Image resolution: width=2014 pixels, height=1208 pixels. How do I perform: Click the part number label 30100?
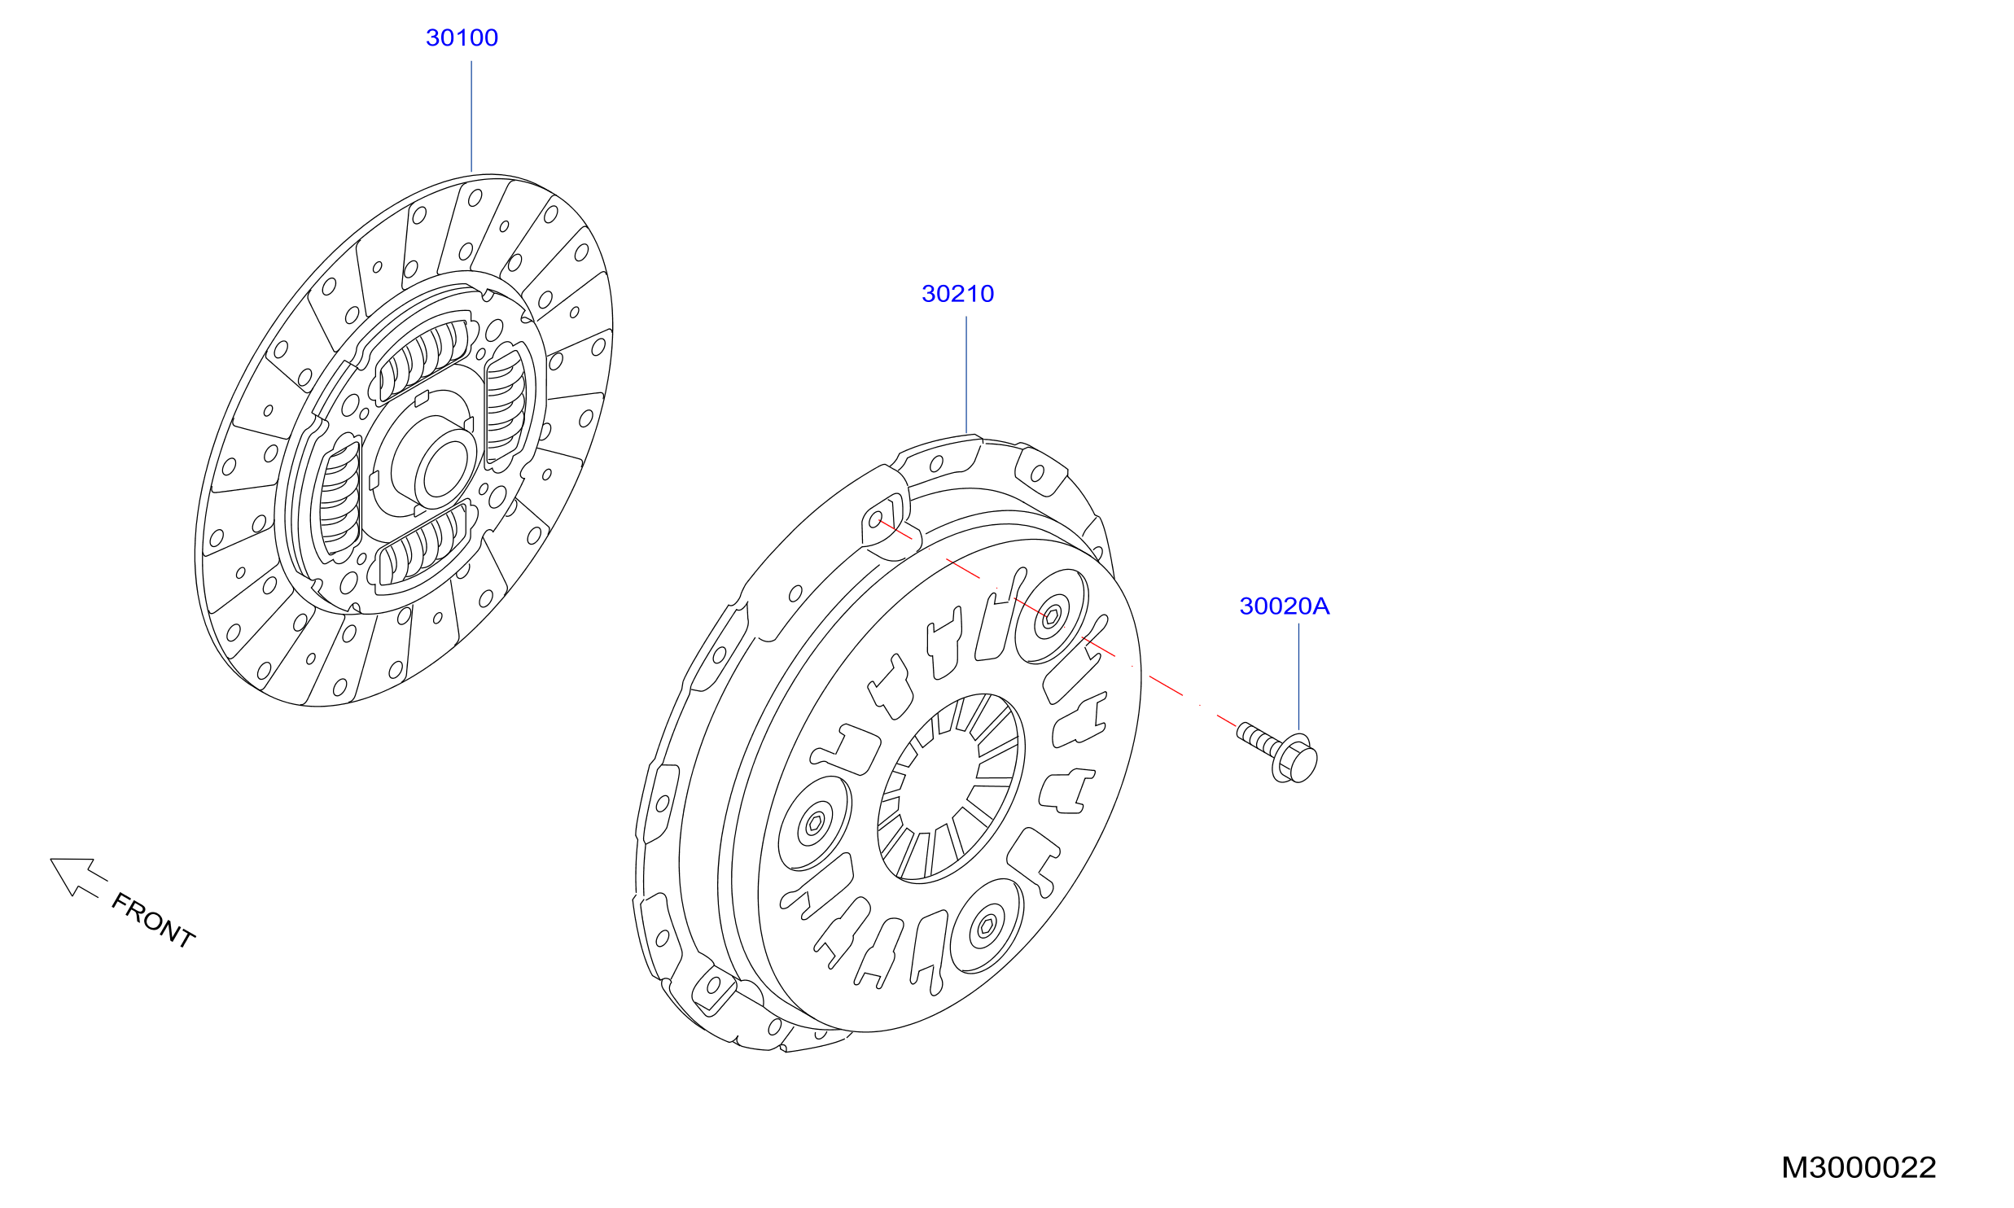pyautogui.click(x=462, y=37)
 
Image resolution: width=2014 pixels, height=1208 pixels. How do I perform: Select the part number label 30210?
pyautogui.click(x=957, y=293)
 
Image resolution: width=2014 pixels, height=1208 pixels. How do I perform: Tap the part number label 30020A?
pyautogui.click(x=1284, y=606)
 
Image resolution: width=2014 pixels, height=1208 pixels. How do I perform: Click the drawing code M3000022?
pyautogui.click(x=1859, y=1167)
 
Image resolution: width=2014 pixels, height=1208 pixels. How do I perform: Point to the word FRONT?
pyautogui.click(x=153, y=920)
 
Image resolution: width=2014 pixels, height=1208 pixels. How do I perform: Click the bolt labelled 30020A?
pyautogui.click(x=1277, y=751)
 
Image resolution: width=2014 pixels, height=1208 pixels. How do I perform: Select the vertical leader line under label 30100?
pyautogui.click(x=471, y=116)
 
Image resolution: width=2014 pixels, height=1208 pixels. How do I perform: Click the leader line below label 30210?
pyautogui.click(x=966, y=374)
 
